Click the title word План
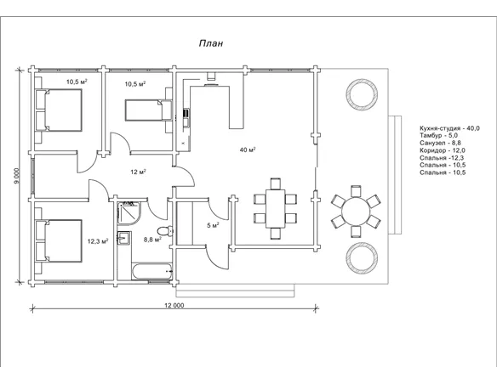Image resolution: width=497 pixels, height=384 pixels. tap(211, 43)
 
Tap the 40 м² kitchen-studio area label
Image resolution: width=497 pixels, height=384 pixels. tap(248, 150)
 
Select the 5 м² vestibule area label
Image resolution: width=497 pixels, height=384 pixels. tap(213, 225)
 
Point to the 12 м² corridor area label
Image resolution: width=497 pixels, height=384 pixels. tap(138, 172)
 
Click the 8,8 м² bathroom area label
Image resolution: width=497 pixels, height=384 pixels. tap(153, 240)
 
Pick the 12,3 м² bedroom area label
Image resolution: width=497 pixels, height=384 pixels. tap(98, 241)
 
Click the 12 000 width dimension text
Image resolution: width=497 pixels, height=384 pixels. tap(174, 305)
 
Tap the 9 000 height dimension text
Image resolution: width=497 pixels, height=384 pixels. tap(17, 175)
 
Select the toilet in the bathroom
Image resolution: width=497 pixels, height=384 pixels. tap(165, 230)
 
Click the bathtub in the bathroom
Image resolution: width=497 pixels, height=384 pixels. tap(151, 271)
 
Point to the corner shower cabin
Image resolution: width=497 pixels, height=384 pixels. tap(129, 213)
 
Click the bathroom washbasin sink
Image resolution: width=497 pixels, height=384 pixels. tap(124, 238)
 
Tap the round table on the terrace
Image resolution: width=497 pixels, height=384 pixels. tap(356, 212)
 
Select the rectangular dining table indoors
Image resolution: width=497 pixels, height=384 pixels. tap(275, 208)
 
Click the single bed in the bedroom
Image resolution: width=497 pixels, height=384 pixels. tap(148, 110)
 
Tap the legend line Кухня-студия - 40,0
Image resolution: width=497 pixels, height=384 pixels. tap(449, 128)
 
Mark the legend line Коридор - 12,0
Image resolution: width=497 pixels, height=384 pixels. tap(443, 150)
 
